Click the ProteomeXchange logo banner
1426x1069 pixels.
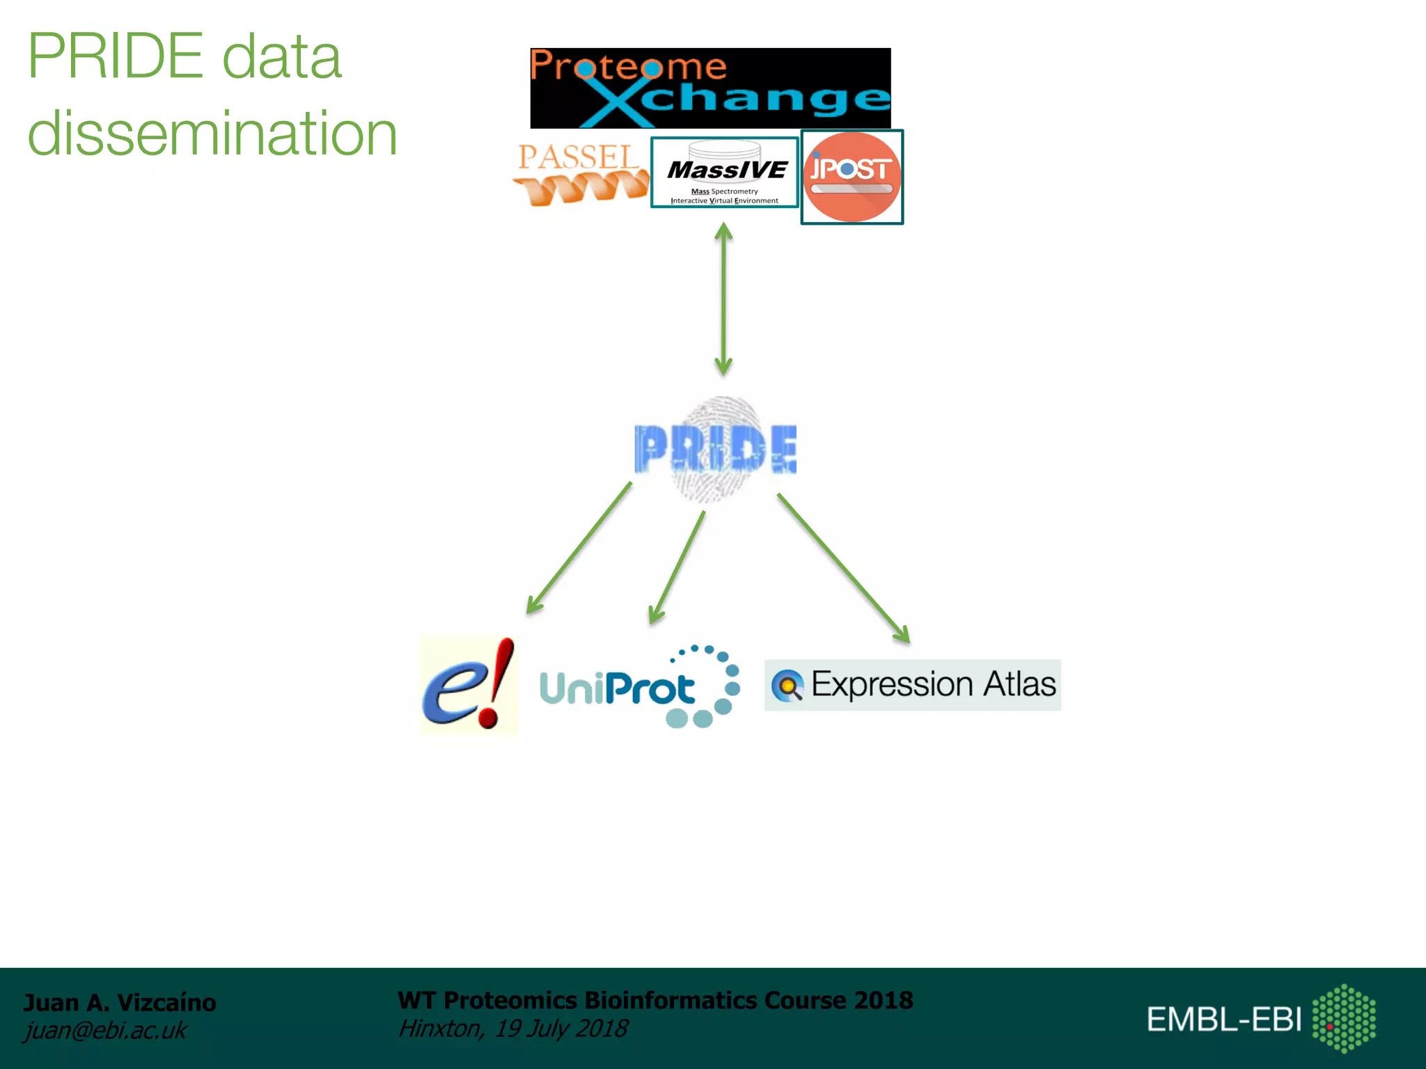710,88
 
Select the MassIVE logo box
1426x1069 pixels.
724,173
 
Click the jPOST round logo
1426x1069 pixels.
852,177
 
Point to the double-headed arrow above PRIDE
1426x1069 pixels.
723,299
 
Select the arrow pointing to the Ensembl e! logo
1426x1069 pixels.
579,548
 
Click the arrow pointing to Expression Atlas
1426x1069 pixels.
843,568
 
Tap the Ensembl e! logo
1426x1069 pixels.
469,686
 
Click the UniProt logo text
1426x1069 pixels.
617,689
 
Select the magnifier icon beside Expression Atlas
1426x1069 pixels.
788,686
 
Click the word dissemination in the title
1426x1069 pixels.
212,134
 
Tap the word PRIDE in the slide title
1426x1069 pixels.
116,57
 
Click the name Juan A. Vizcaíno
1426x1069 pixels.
120,1003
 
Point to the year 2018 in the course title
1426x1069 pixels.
883,1000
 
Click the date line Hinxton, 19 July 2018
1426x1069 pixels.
512,1029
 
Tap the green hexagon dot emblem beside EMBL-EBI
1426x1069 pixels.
1344,1018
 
